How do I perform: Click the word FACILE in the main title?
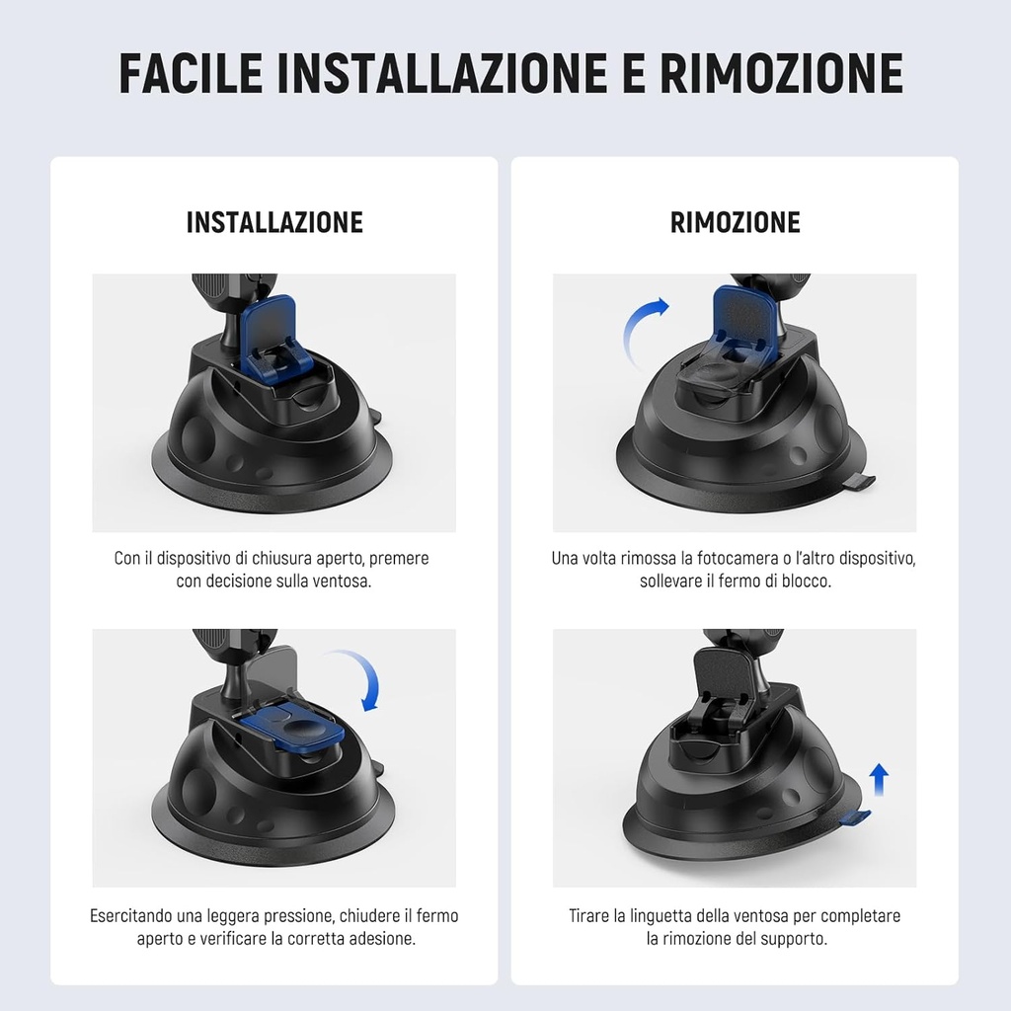[x=191, y=73]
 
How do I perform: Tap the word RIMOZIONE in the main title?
[x=780, y=73]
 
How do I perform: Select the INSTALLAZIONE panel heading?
[x=274, y=222]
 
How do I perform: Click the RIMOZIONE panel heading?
[x=735, y=222]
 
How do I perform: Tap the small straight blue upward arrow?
[x=879, y=779]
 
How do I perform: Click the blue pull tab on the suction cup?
[x=855, y=817]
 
